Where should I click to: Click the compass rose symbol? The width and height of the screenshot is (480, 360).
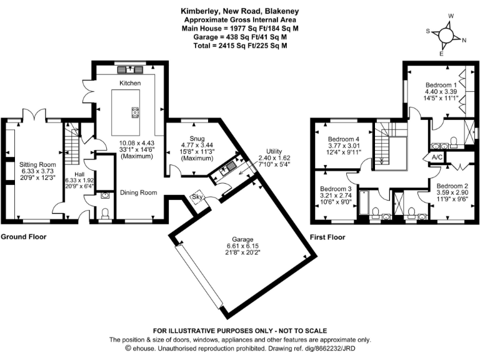click(446, 35)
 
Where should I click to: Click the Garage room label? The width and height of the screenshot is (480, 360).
click(242, 239)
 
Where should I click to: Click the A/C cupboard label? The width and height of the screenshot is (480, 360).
click(437, 157)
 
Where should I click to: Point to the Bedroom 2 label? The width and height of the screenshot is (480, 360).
click(452, 186)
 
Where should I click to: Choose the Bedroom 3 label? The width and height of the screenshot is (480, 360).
click(336, 188)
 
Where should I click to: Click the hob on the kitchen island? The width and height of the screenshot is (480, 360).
click(135, 112)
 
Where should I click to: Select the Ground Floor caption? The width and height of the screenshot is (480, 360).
click(23, 237)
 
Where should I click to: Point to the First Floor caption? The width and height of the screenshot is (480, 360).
click(327, 237)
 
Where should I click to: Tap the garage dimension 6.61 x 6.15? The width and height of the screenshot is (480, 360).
click(242, 247)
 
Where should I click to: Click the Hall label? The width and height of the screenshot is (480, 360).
click(79, 174)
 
